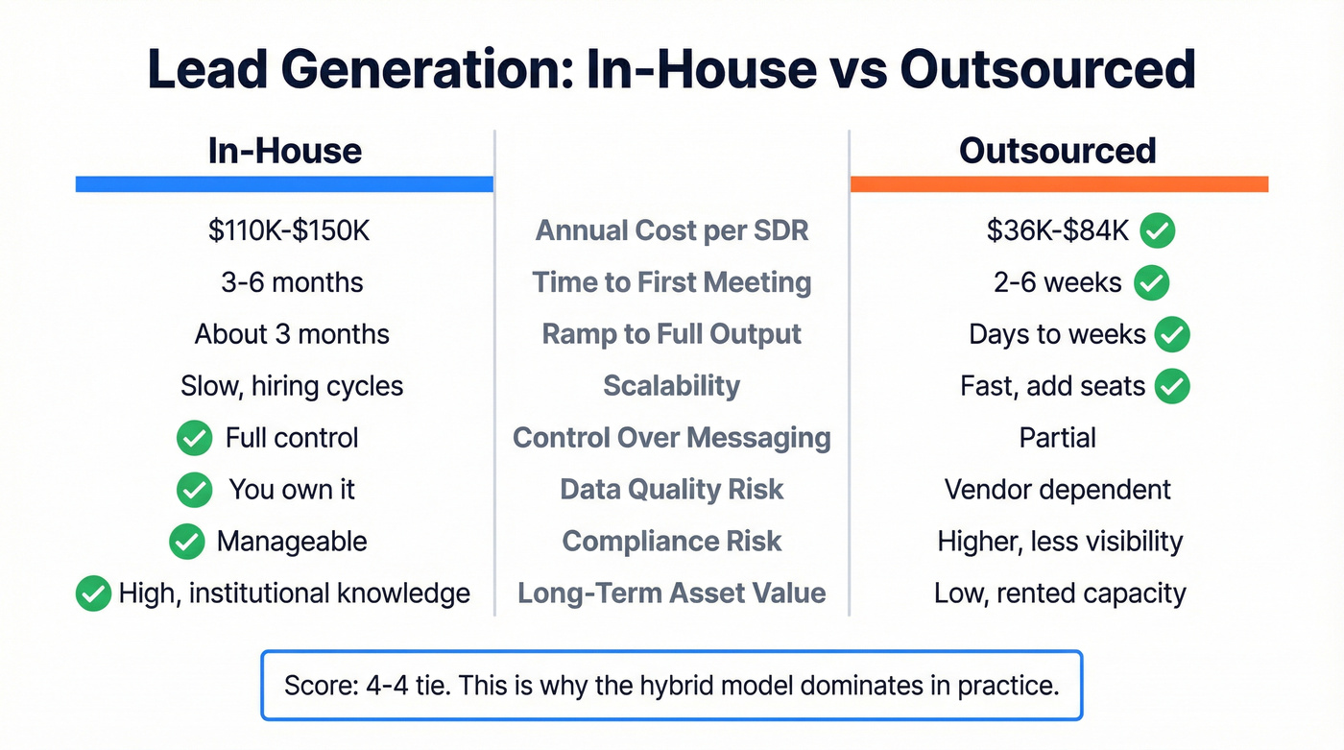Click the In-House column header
coord(285,151)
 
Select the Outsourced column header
coord(1058,151)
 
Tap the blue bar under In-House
coord(284,184)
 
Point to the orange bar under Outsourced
coord(1059,184)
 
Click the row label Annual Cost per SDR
coord(672,230)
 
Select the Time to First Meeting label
coord(672,282)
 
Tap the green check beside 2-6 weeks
coord(1151,282)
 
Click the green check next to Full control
coord(195,438)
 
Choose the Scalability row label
coord(672,386)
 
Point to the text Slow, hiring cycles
coord(292,386)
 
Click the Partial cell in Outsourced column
coord(1058,438)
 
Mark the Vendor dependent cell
coord(1058,490)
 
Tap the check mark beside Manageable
coord(186,542)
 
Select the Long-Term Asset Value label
coord(672,593)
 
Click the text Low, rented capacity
coord(1060,593)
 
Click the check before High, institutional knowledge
coord(92,593)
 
